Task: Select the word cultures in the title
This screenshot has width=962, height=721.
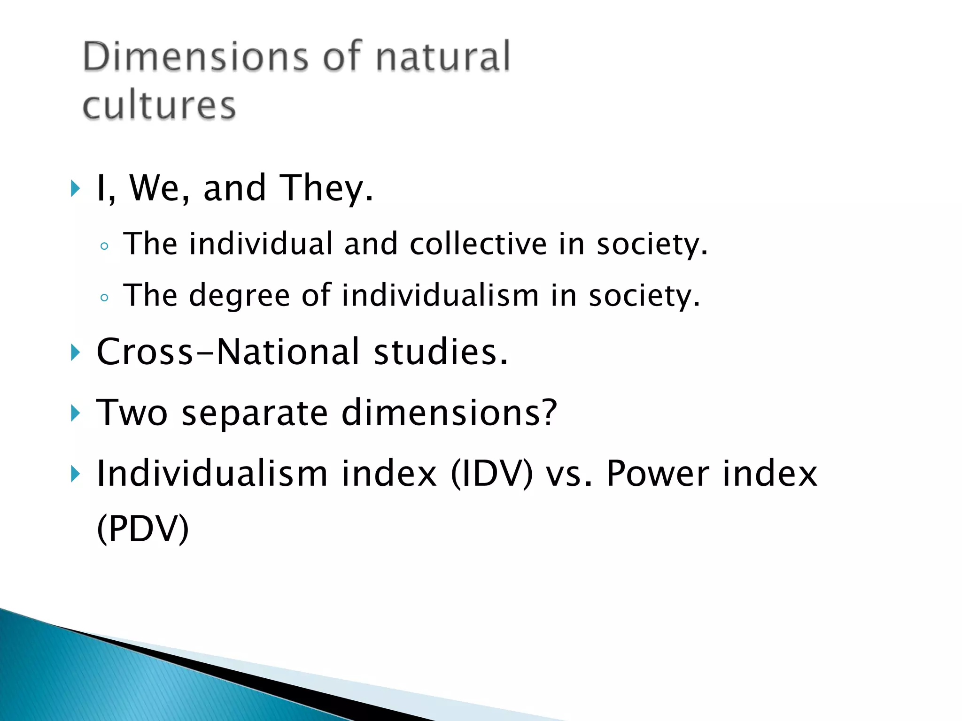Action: (159, 106)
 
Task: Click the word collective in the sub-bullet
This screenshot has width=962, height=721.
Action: (478, 244)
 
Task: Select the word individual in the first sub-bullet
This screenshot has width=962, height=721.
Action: (261, 244)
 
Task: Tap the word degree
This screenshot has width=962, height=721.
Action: (240, 296)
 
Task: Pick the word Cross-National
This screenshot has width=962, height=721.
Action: (228, 352)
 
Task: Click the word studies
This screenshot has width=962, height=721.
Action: (441, 352)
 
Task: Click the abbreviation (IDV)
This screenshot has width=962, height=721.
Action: (492, 474)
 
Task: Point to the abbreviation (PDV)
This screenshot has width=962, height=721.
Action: (143, 529)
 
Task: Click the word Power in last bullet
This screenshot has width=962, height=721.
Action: (658, 474)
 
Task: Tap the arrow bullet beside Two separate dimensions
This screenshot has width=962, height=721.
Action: (75, 414)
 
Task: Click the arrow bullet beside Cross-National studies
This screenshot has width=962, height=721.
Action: (75, 353)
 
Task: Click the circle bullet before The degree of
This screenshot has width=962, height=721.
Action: (104, 298)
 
